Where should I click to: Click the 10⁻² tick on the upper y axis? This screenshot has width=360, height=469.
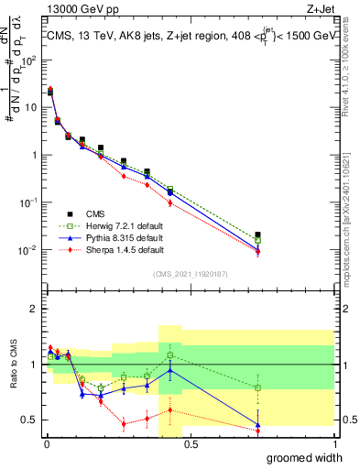coord(29,250)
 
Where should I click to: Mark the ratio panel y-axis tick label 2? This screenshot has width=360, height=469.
coord(35,309)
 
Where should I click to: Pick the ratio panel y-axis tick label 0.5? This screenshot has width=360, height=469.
coord(31,420)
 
